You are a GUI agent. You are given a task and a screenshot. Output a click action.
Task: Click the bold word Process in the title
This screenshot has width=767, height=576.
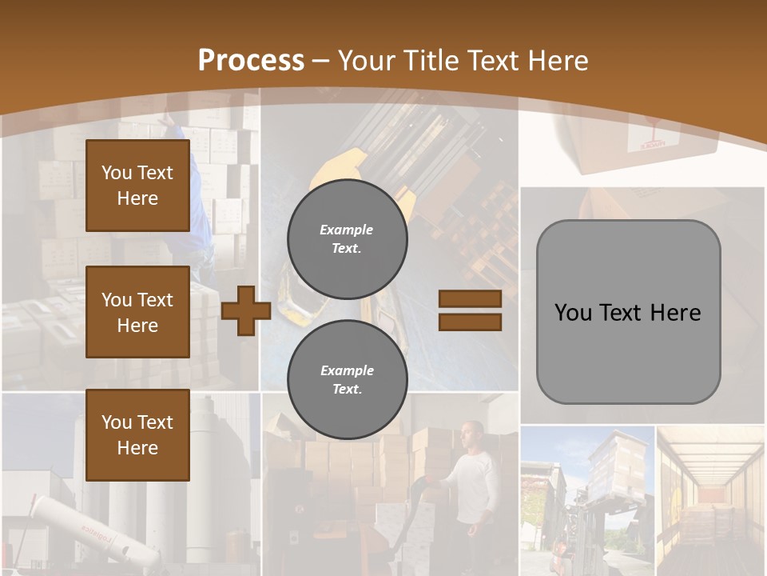click(x=251, y=61)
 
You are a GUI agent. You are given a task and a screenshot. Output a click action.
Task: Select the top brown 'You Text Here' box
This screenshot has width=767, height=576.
click(x=137, y=186)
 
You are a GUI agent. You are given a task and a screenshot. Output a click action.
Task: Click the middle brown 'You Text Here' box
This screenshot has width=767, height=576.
click(x=137, y=312)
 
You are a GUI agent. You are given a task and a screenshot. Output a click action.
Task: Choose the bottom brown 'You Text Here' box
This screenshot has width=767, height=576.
click(x=137, y=434)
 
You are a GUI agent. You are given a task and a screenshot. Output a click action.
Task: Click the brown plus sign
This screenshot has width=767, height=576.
click(x=246, y=310)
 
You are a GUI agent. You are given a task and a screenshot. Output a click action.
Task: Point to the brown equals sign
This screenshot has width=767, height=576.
click(x=470, y=310)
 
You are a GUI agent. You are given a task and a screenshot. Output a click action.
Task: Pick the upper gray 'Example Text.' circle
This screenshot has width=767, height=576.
click(x=347, y=238)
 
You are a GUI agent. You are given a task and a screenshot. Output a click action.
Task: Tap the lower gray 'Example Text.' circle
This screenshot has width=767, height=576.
click(x=347, y=379)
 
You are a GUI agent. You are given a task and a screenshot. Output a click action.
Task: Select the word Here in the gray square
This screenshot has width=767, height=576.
click(x=675, y=313)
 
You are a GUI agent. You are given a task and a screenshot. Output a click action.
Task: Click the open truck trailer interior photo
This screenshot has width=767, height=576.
click(x=709, y=500)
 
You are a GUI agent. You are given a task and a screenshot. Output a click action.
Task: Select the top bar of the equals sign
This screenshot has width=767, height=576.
click(x=470, y=299)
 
